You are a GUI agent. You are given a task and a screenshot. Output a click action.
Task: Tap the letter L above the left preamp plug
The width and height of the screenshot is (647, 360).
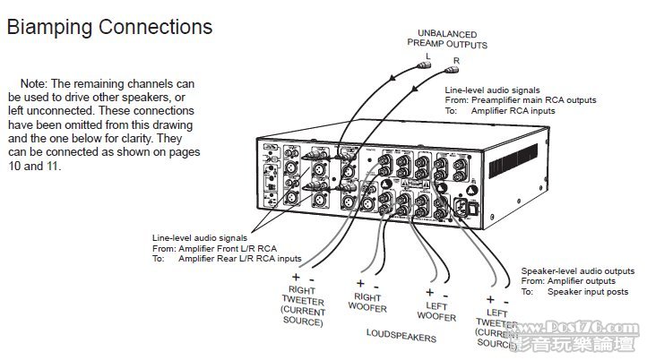tap(427, 53)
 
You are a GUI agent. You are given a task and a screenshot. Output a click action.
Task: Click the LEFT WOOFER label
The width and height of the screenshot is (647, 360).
tap(436, 312)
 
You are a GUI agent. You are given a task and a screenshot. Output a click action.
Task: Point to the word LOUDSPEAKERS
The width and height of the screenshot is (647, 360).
tap(402, 339)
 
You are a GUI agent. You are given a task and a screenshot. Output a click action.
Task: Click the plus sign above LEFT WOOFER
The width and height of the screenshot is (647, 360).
tap(429, 292)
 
